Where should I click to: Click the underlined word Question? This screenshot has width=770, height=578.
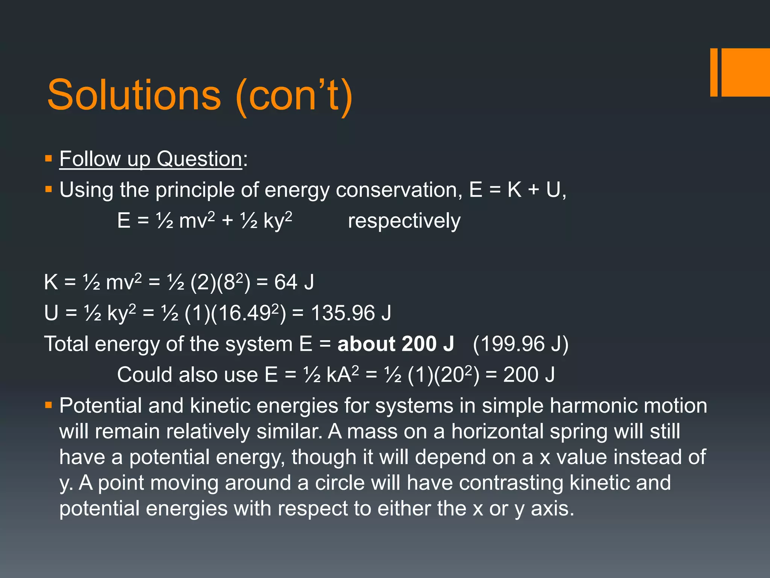[199, 159]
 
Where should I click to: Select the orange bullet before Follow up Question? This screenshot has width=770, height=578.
[48, 158]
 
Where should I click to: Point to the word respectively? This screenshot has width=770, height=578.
[404, 221]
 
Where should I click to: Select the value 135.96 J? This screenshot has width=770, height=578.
[351, 313]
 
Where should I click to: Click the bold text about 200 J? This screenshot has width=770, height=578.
[396, 344]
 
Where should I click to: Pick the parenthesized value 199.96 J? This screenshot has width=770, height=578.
[520, 344]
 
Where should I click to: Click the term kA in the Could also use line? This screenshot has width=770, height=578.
[339, 375]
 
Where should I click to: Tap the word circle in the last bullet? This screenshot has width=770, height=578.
[340, 483]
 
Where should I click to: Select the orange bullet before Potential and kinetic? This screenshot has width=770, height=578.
[48, 406]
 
